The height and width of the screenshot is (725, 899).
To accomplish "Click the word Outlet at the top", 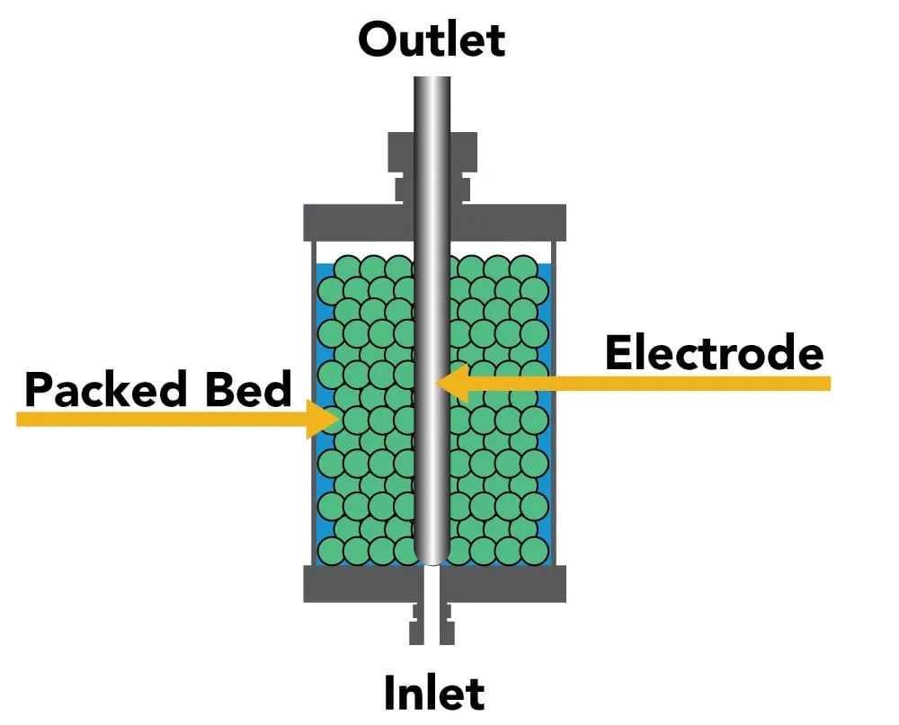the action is (x=432, y=40).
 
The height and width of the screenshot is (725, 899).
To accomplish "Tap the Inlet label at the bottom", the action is (x=434, y=693).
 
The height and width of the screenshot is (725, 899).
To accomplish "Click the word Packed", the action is (x=105, y=389).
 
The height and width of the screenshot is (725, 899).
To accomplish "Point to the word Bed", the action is (x=249, y=389).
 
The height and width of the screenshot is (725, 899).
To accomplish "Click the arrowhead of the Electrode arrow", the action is (x=452, y=384).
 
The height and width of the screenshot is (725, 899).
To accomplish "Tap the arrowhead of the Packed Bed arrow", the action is (x=323, y=419).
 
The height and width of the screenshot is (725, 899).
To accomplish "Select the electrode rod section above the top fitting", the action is (x=432, y=103).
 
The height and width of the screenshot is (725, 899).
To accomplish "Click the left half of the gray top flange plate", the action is (x=359, y=223).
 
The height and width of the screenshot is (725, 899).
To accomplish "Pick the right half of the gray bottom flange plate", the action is (x=503, y=583).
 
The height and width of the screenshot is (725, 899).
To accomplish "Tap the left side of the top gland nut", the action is (x=401, y=152).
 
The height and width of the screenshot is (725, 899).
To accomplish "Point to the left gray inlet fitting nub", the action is (x=417, y=624).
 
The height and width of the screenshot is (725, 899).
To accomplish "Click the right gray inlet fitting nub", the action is (x=447, y=624).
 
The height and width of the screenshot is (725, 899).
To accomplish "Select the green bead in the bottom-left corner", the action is (x=331, y=551).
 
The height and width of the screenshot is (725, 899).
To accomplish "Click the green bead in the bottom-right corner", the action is (x=534, y=551).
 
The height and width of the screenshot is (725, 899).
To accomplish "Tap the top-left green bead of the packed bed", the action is (x=347, y=269).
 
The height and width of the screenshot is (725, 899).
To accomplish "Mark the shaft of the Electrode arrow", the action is (x=649, y=384).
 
